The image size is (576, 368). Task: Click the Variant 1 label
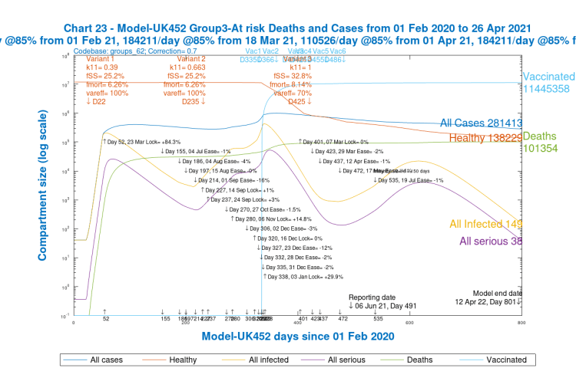click(100, 59)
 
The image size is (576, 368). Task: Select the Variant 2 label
click(191, 59)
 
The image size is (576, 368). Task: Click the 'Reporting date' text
click(372, 297)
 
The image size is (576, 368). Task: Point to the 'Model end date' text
click(498, 293)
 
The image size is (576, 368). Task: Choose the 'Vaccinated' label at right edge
click(548, 77)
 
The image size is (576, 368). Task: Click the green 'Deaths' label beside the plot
click(540, 135)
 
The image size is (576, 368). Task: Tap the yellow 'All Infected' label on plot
click(485, 224)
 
